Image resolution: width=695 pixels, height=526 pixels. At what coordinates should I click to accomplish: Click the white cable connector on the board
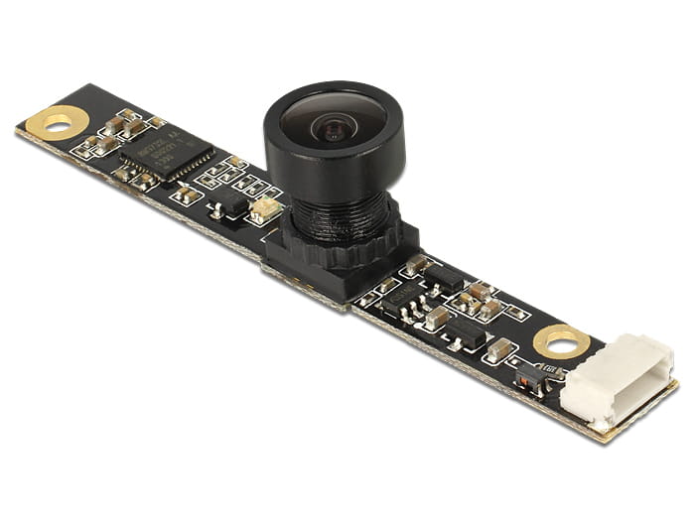tap(603, 382)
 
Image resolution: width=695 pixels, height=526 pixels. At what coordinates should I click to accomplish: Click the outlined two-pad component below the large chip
tap(186, 195)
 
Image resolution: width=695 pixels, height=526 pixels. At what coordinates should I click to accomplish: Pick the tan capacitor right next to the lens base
tap(414, 265)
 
